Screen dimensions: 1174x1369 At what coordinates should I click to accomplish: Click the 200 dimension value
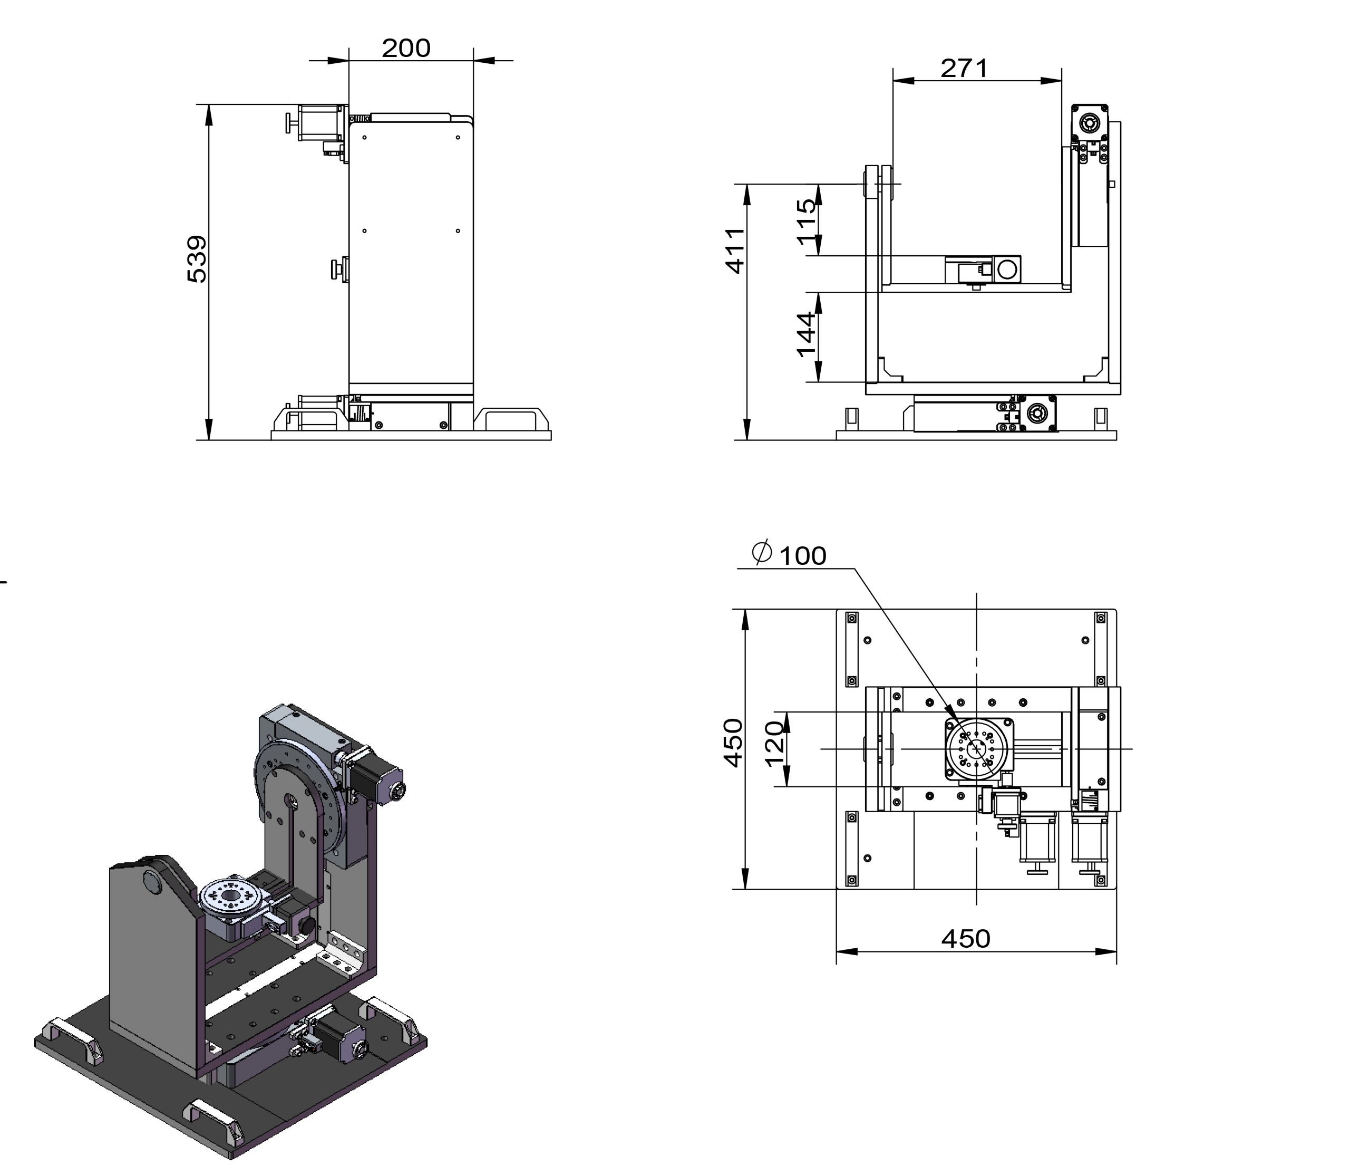[406, 48]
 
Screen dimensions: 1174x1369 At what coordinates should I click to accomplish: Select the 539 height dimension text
[197, 259]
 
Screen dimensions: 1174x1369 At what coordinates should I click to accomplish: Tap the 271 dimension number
[964, 68]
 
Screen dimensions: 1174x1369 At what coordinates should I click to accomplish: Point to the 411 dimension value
[735, 251]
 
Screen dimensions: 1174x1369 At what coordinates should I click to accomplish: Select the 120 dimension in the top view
[775, 743]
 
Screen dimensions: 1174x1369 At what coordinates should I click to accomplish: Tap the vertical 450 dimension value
[733, 743]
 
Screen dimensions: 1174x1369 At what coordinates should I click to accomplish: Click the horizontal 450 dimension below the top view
[965, 939]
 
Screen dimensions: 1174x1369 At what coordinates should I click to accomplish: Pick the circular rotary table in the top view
[976, 749]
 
